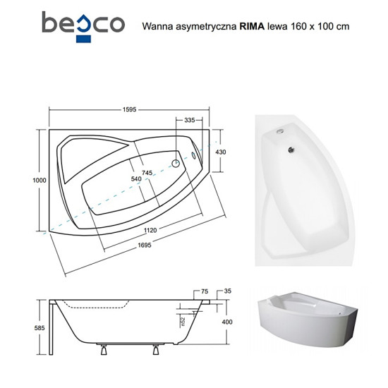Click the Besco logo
point(83,27)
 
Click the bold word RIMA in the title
point(252,26)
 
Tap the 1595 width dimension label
point(129,109)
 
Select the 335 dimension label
point(190,120)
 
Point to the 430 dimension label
point(221,152)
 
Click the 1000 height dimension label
point(40,180)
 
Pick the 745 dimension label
point(147,172)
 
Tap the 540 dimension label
point(136,178)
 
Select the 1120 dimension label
point(150,231)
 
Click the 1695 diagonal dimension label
point(145,245)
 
